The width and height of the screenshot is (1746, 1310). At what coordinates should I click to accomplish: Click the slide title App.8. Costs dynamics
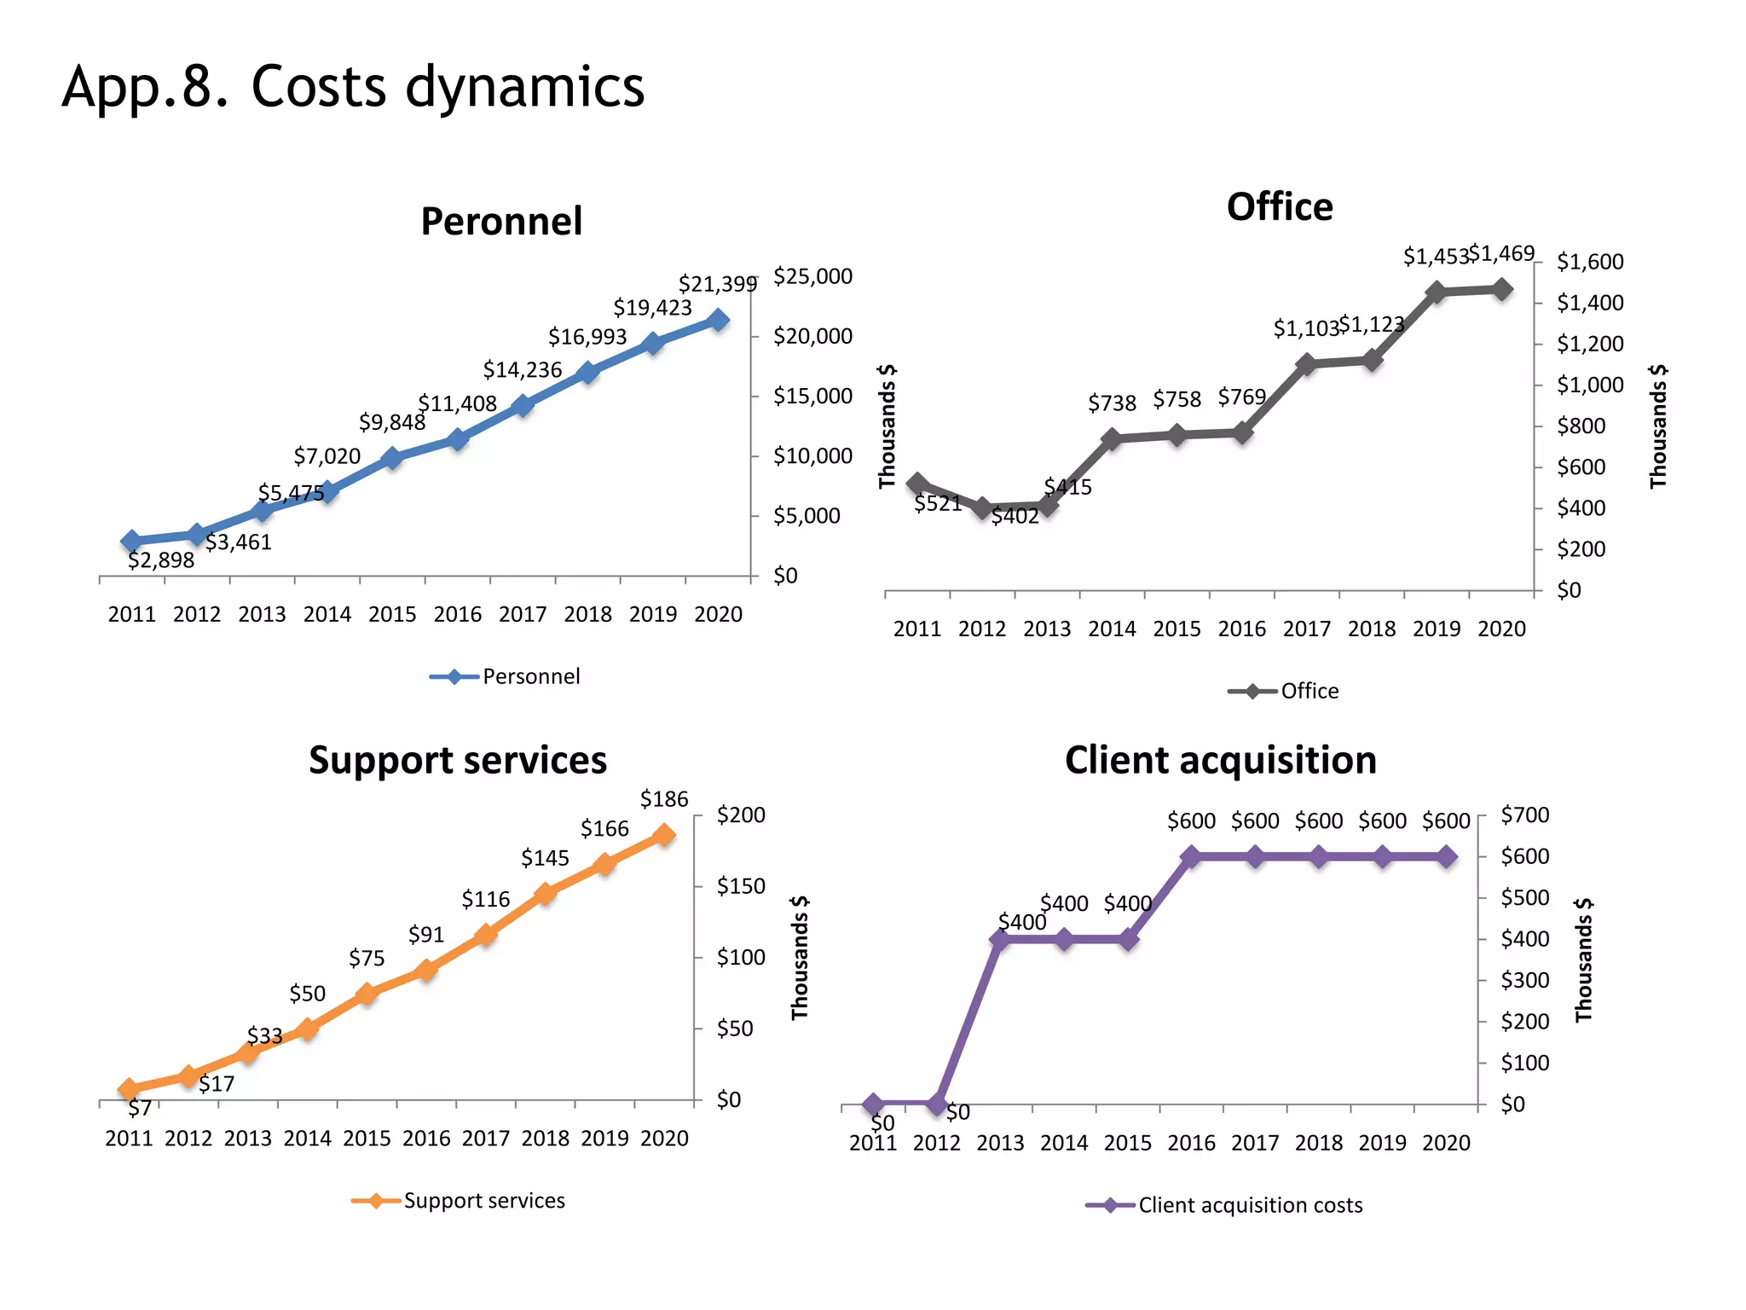pos(353,87)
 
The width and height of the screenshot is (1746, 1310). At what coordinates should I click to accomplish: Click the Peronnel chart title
pos(501,222)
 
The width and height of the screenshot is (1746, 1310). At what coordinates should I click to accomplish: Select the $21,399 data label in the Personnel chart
pos(717,284)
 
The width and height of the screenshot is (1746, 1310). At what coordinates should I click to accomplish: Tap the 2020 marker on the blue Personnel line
pos(719,321)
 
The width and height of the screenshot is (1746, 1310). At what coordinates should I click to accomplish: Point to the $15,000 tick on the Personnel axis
pos(812,397)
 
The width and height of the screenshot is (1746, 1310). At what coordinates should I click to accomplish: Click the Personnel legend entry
pos(506,676)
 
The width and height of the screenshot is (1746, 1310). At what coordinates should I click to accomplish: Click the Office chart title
pos(1279,207)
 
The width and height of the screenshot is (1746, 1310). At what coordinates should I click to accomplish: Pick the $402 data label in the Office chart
pos(1015,517)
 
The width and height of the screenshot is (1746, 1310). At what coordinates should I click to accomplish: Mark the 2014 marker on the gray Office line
pos(1112,439)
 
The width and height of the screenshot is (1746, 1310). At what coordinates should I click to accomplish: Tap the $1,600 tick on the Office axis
pos(1589,262)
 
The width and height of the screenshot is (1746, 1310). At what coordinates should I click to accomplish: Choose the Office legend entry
pos(1284,691)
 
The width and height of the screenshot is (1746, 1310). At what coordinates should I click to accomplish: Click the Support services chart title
pos(458,760)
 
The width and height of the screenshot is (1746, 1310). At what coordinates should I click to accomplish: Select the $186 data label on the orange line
pos(664,799)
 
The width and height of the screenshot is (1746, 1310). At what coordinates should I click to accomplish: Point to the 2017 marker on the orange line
pos(486,935)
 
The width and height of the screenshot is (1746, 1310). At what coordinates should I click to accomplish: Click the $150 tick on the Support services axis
pos(740,886)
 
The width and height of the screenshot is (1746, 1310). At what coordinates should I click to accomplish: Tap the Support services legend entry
pos(459,1201)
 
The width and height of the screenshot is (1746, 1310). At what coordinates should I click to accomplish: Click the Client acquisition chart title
pos(1220,760)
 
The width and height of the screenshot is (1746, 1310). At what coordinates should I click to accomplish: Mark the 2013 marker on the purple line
pos(1000,940)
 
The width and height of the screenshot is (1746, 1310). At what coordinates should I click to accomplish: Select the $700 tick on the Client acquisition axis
pos(1524,815)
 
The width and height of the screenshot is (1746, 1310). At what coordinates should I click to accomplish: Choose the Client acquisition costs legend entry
pos(1224,1205)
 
